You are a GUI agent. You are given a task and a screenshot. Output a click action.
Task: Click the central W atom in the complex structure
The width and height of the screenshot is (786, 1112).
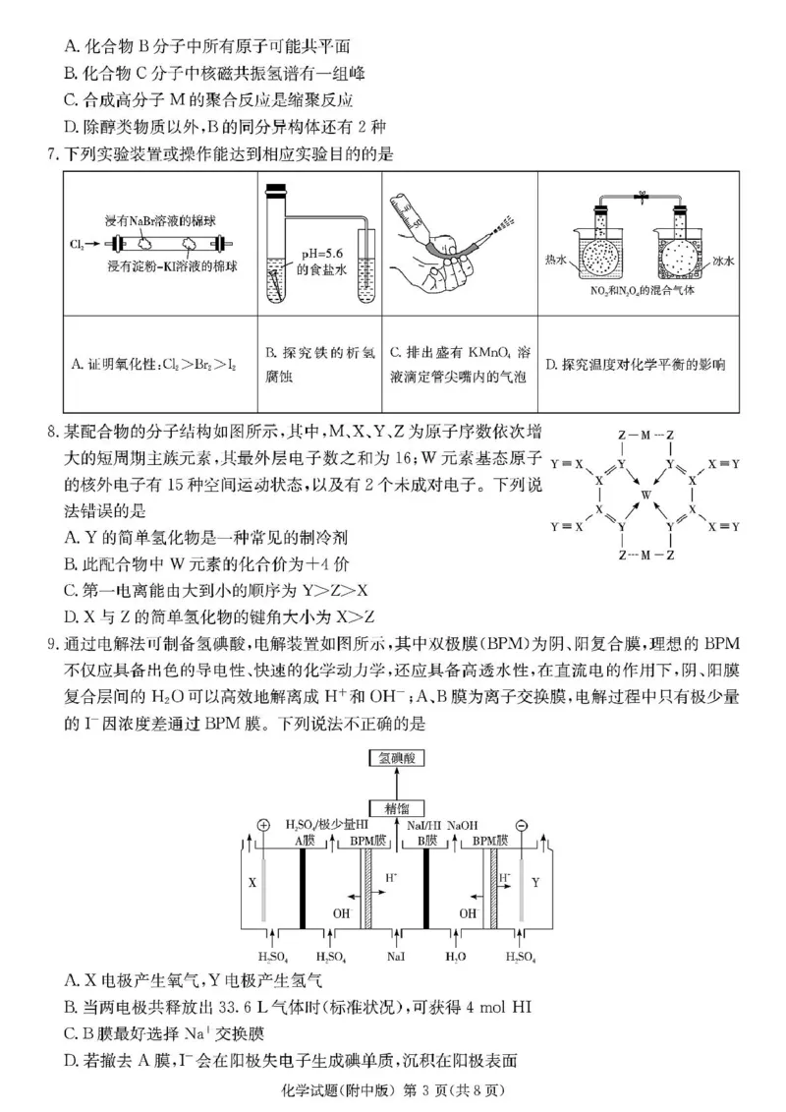[x=645, y=494]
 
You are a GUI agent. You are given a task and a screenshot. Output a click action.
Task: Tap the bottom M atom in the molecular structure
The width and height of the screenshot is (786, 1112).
[x=645, y=555]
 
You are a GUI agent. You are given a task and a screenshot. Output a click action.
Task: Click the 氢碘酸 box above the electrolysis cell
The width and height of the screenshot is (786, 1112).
[x=395, y=757]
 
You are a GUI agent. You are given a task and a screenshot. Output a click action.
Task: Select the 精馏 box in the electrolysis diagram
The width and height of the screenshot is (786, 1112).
[x=395, y=805]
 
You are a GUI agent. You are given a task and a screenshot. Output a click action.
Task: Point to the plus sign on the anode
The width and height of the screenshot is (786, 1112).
[x=262, y=825]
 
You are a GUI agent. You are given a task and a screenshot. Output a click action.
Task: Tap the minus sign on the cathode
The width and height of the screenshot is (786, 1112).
[x=522, y=825]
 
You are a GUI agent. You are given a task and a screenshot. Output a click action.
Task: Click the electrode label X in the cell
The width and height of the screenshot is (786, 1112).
[x=252, y=883]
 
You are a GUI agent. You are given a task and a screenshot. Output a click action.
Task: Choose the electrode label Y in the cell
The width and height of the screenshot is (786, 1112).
[x=535, y=883]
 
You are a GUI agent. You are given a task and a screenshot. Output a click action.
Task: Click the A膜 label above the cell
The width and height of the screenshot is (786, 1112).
[x=305, y=841]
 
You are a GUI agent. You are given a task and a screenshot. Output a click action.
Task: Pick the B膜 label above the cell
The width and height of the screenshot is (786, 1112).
[x=425, y=841]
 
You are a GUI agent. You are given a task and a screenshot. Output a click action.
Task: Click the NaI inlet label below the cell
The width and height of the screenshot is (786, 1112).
[x=395, y=955]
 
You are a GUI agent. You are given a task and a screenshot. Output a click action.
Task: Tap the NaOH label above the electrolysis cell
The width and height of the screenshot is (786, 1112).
[x=463, y=825]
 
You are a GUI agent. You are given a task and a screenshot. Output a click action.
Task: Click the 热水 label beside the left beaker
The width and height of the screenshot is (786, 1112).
[x=557, y=259]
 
